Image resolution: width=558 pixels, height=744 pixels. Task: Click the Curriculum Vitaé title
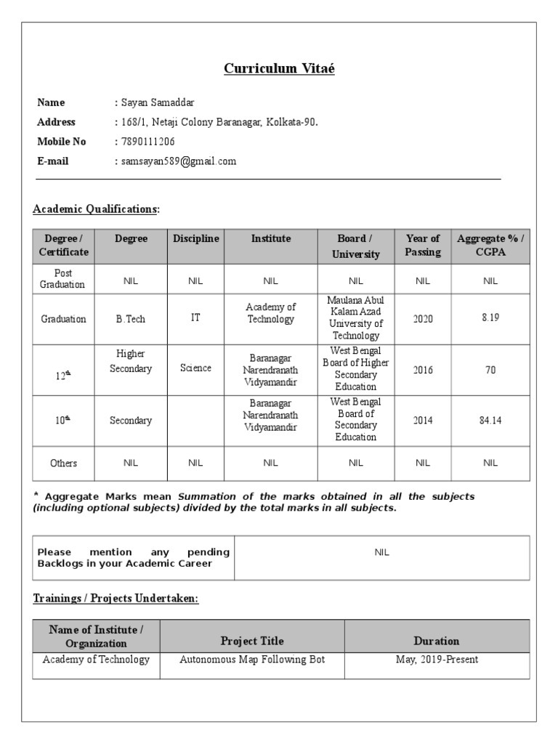(x=279, y=69)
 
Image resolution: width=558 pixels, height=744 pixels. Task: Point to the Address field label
(x=56, y=122)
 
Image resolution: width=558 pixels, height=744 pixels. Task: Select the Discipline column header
(x=195, y=238)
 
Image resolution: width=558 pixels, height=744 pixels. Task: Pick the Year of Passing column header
(x=423, y=246)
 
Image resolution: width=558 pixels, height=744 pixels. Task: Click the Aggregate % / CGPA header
(x=490, y=246)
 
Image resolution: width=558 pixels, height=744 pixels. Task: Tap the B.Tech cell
(x=131, y=319)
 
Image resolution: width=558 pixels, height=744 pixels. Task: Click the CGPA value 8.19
(x=490, y=319)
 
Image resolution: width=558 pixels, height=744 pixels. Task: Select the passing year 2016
(x=423, y=370)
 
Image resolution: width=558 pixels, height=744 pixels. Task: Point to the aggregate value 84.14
(x=490, y=420)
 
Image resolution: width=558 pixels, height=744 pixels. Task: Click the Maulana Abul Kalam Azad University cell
(x=355, y=318)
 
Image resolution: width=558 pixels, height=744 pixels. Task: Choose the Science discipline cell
(x=195, y=368)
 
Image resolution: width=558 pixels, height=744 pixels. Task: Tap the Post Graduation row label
(x=62, y=279)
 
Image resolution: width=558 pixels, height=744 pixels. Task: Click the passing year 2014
(x=423, y=420)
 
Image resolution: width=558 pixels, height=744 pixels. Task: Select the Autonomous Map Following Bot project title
(x=252, y=660)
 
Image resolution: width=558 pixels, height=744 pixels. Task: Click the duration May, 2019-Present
(x=437, y=660)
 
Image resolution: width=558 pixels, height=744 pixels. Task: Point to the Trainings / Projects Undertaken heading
(x=116, y=598)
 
